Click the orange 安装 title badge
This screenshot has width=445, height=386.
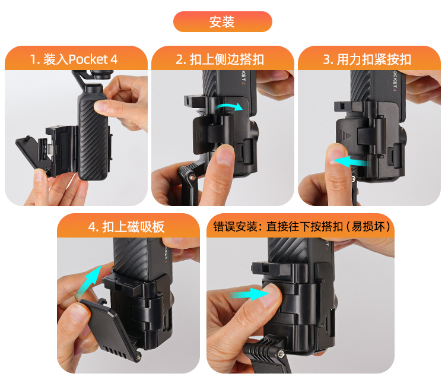(x=223, y=21)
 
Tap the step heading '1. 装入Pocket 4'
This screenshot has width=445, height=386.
(x=74, y=59)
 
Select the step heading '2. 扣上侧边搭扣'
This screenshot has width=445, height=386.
(x=220, y=59)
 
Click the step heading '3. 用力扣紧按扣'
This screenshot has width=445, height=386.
(x=367, y=59)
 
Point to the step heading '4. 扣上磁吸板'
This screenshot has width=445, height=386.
(x=126, y=227)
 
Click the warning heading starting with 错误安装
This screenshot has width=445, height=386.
(x=301, y=227)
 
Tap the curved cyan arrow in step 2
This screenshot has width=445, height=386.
(x=229, y=107)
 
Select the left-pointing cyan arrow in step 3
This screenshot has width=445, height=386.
(x=351, y=162)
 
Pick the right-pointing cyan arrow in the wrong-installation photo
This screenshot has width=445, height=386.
(x=250, y=295)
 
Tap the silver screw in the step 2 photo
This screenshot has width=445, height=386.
(x=193, y=178)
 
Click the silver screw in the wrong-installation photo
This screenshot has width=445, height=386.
(x=281, y=354)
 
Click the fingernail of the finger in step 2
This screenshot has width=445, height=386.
(x=225, y=155)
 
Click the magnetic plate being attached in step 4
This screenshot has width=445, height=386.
(x=111, y=330)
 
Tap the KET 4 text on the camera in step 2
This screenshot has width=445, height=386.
(x=243, y=77)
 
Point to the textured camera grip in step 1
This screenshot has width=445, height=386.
(x=93, y=138)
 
